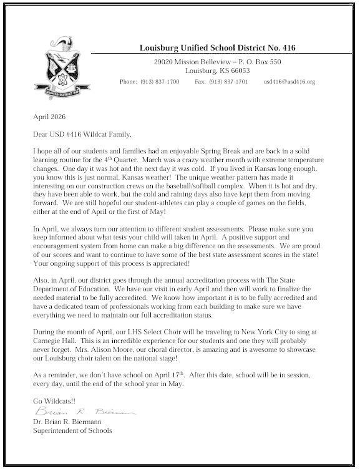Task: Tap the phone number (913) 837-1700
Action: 159,82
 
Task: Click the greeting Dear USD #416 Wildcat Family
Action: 82,133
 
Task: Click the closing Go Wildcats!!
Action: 52,400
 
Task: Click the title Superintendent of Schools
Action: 73,431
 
